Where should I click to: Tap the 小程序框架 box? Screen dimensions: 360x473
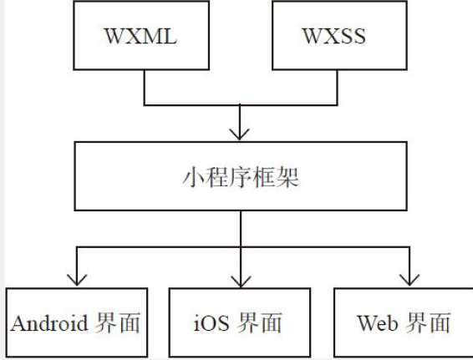[241, 177]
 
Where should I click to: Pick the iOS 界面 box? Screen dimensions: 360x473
[241, 322]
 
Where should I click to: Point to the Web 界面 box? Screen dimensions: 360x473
[404, 322]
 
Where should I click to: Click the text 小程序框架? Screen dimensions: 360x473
[241, 177]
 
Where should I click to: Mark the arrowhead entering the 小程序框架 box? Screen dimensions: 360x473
[241, 134]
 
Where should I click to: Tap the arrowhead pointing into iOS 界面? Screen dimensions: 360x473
[241, 280]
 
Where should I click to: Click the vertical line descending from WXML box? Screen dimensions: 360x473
[145, 87]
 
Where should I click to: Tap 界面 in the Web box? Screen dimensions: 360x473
[427, 322]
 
